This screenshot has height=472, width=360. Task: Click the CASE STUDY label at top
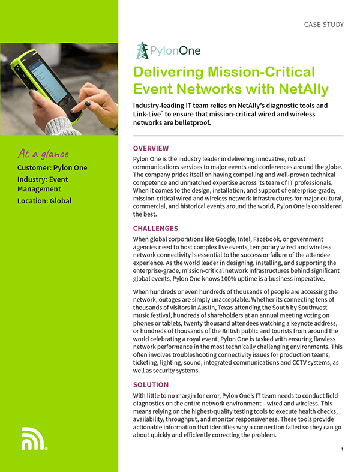324,25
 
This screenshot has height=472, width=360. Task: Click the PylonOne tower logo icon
142,50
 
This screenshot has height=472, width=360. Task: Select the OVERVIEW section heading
151,148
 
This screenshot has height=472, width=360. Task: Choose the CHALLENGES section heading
155,229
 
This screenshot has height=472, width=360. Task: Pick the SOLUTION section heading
151,384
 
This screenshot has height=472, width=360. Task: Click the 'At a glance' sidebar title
43,154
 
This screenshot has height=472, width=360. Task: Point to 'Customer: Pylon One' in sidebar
52,168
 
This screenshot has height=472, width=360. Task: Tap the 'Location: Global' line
44,200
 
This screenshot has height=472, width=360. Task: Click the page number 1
342,449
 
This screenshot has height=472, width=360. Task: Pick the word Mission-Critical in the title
259,73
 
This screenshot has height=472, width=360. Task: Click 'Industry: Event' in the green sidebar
43,179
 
